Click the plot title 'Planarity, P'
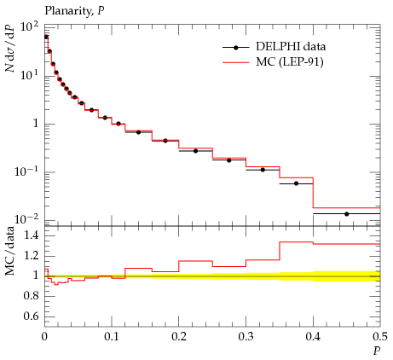pyautogui.click(x=74, y=11)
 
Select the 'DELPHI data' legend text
pyautogui.click(x=291, y=47)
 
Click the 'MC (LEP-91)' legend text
pyautogui.click(x=290, y=62)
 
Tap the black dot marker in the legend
pyautogui.click(x=235, y=48)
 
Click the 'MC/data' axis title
pyautogui.click(x=10, y=251)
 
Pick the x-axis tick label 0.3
pyautogui.click(x=246, y=337)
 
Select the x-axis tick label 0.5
pyautogui.click(x=380, y=337)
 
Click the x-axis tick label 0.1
pyautogui.click(x=112, y=337)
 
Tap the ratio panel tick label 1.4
pyautogui.click(x=31, y=235)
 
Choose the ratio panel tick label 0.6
pyautogui.click(x=31, y=316)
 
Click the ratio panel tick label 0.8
pyautogui.click(x=31, y=296)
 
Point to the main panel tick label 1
pyautogui.click(x=36, y=124)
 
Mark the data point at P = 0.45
pyautogui.click(x=346, y=214)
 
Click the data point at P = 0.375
pyautogui.click(x=296, y=183)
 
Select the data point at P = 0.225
pyautogui.click(x=195, y=151)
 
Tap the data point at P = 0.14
pyautogui.click(x=138, y=132)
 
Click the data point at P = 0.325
pyautogui.click(x=263, y=170)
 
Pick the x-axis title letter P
pyautogui.click(x=377, y=351)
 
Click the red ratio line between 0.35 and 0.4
pyautogui.click(x=296, y=242)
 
